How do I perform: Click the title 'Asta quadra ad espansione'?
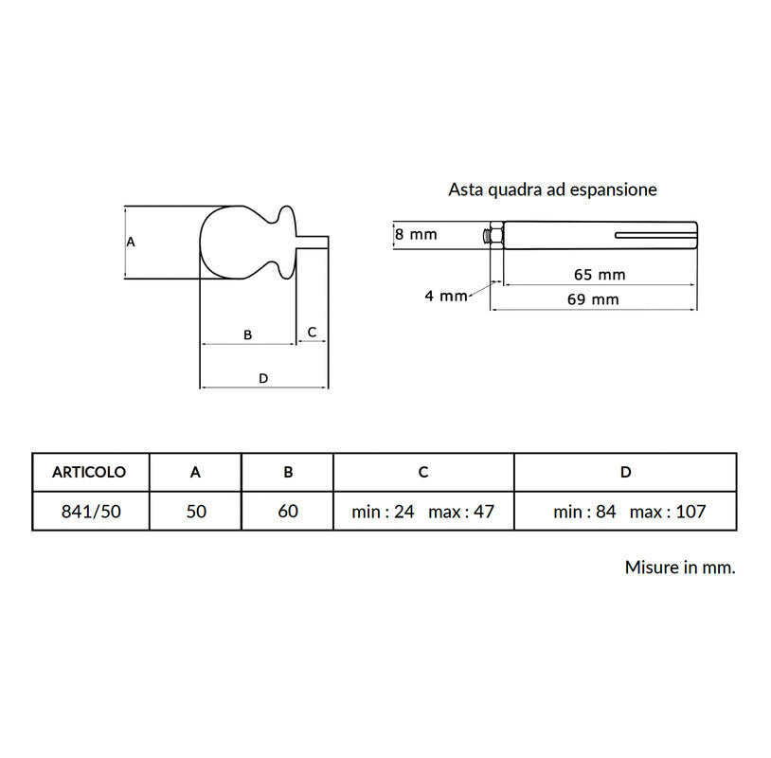click(x=552, y=189)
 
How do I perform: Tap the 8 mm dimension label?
click(x=416, y=234)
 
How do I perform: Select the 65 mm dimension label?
click(x=600, y=275)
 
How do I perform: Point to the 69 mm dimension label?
click(x=593, y=299)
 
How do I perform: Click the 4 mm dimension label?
click(x=446, y=296)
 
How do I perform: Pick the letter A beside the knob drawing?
click(x=131, y=242)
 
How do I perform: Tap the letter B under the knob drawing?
click(x=248, y=335)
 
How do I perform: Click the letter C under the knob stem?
click(x=312, y=332)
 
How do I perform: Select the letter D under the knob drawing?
click(x=263, y=378)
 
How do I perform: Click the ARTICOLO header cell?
click(x=89, y=472)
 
